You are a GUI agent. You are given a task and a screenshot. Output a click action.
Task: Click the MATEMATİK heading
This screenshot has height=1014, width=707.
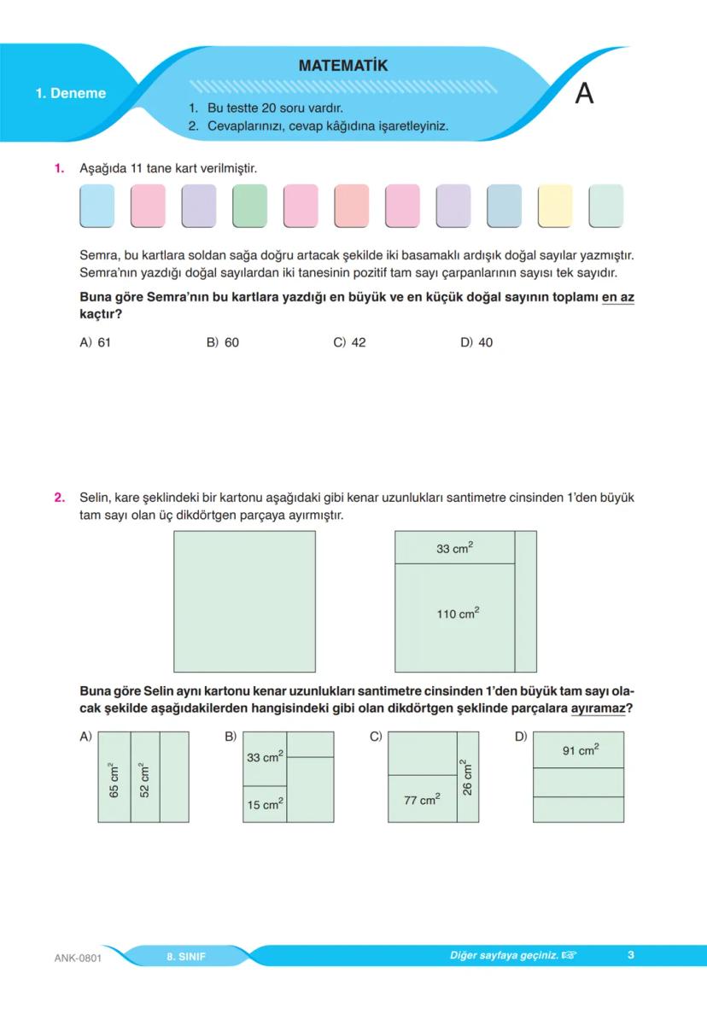pos(343,66)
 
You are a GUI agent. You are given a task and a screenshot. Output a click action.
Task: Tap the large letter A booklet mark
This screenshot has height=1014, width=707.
pos(584,93)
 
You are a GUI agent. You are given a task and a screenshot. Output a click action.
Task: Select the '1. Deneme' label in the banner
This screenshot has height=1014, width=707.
pos(71,94)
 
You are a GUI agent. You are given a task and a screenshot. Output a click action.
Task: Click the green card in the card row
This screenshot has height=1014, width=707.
pos(249,206)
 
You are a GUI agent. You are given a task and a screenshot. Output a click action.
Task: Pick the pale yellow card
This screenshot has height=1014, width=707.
pos(555,206)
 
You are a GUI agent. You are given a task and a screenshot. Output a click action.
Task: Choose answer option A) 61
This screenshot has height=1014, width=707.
pos(96,342)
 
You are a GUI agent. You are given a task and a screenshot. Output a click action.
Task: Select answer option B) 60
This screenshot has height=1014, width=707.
pos(223,342)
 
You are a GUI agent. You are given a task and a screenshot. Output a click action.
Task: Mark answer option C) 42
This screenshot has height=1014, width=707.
pos(349,342)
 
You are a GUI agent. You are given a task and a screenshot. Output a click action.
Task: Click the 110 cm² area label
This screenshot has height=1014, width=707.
pos(459,614)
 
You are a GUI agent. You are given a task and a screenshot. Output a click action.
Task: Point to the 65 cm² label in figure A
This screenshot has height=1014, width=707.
pos(114,778)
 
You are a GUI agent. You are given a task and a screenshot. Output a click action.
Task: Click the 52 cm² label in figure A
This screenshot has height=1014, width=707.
pos(144,778)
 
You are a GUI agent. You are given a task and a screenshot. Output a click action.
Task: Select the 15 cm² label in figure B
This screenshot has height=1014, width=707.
pos(265,804)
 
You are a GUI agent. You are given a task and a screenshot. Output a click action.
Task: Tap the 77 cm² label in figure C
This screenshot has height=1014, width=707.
pos(422,800)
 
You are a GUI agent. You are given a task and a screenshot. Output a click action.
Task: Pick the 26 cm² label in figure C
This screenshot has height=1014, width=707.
pos(467,778)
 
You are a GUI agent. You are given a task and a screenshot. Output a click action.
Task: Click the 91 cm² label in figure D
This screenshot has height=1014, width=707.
pos(581,750)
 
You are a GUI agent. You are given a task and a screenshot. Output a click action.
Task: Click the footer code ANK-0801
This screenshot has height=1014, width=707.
pos(78,957)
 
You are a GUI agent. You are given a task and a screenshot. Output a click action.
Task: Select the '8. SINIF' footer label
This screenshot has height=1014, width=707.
pos(186,956)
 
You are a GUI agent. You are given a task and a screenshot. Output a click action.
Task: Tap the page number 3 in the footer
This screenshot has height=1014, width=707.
pos(630,955)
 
